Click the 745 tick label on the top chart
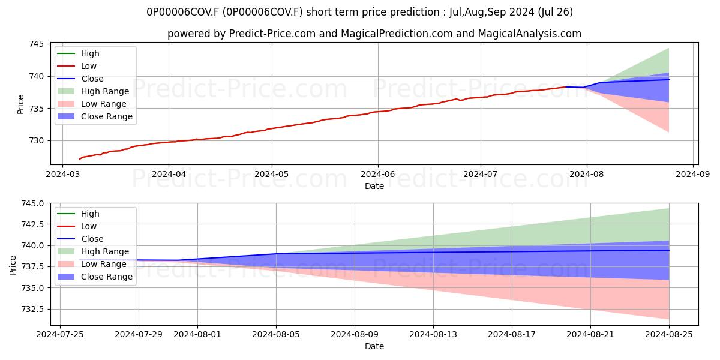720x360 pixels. (37, 44)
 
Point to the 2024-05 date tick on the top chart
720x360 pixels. (272, 174)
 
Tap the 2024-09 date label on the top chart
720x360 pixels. (692, 174)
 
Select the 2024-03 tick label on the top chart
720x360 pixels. (62, 174)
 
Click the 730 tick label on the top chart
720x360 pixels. (37, 141)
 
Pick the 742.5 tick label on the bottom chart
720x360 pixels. (32, 224)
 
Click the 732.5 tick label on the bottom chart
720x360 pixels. (32, 309)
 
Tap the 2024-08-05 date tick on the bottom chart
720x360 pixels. (276, 335)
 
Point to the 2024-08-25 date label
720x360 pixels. (669, 335)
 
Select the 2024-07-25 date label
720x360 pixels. (60, 335)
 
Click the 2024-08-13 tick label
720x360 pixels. (433, 335)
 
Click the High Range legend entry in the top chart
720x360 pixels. (93, 91)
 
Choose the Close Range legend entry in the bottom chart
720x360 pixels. (95, 277)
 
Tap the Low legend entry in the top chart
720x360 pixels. (77, 66)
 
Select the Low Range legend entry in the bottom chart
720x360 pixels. (92, 264)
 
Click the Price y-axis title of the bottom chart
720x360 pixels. (13, 265)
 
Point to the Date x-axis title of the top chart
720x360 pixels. (374, 186)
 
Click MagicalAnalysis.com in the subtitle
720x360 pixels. (529, 34)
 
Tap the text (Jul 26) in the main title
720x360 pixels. (555, 12)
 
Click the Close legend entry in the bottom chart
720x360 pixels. (80, 239)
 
